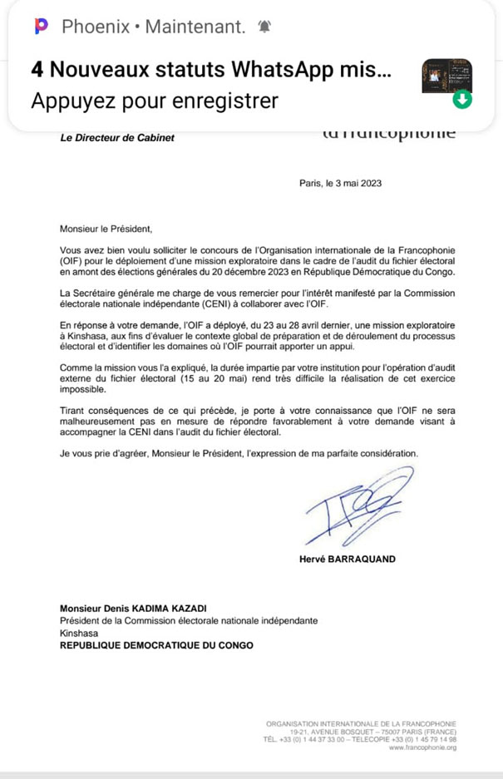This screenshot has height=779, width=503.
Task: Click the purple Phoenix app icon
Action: click(x=42, y=27)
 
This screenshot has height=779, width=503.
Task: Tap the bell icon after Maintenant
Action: click(x=266, y=27)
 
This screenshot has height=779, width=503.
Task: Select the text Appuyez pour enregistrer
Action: click(x=154, y=101)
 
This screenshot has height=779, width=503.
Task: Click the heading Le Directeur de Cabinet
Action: click(x=118, y=138)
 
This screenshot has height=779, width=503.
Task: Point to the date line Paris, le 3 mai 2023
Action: click(x=340, y=185)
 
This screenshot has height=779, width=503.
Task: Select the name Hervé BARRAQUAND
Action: click(x=347, y=559)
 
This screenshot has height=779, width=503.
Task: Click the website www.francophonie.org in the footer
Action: click(x=422, y=747)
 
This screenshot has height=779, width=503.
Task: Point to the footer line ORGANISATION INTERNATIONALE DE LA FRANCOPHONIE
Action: click(x=361, y=722)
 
